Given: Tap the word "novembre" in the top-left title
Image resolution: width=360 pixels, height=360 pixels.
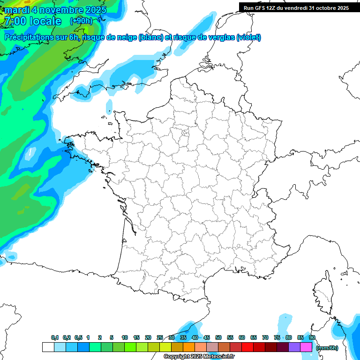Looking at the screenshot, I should click(59, 10).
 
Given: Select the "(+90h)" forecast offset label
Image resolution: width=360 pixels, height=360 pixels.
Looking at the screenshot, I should click(81, 21).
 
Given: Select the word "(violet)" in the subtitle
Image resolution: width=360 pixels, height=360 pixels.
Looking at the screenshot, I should click(248, 37).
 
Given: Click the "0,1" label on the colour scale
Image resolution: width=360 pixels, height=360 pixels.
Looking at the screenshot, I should click(54, 337).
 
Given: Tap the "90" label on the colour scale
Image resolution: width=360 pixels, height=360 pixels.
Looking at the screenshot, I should click(312, 337).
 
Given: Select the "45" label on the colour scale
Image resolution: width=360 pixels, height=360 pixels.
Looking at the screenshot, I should click(207, 337).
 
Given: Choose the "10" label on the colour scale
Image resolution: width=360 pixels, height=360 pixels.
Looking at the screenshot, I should click(125, 337).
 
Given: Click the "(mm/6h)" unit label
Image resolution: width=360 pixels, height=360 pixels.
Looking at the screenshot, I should click(327, 348).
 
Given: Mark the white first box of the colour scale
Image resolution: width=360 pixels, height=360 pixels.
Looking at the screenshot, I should click(48, 347).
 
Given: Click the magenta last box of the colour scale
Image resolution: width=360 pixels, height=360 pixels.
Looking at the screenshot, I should click(306, 347).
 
